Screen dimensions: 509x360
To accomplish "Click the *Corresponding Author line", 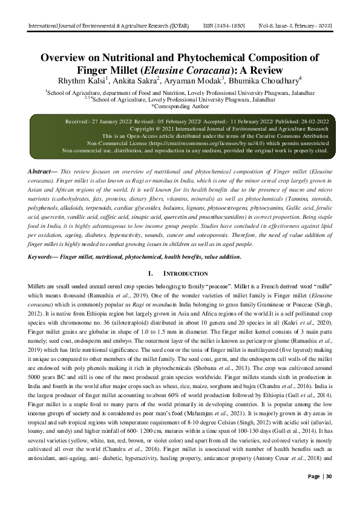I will point(180,106).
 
